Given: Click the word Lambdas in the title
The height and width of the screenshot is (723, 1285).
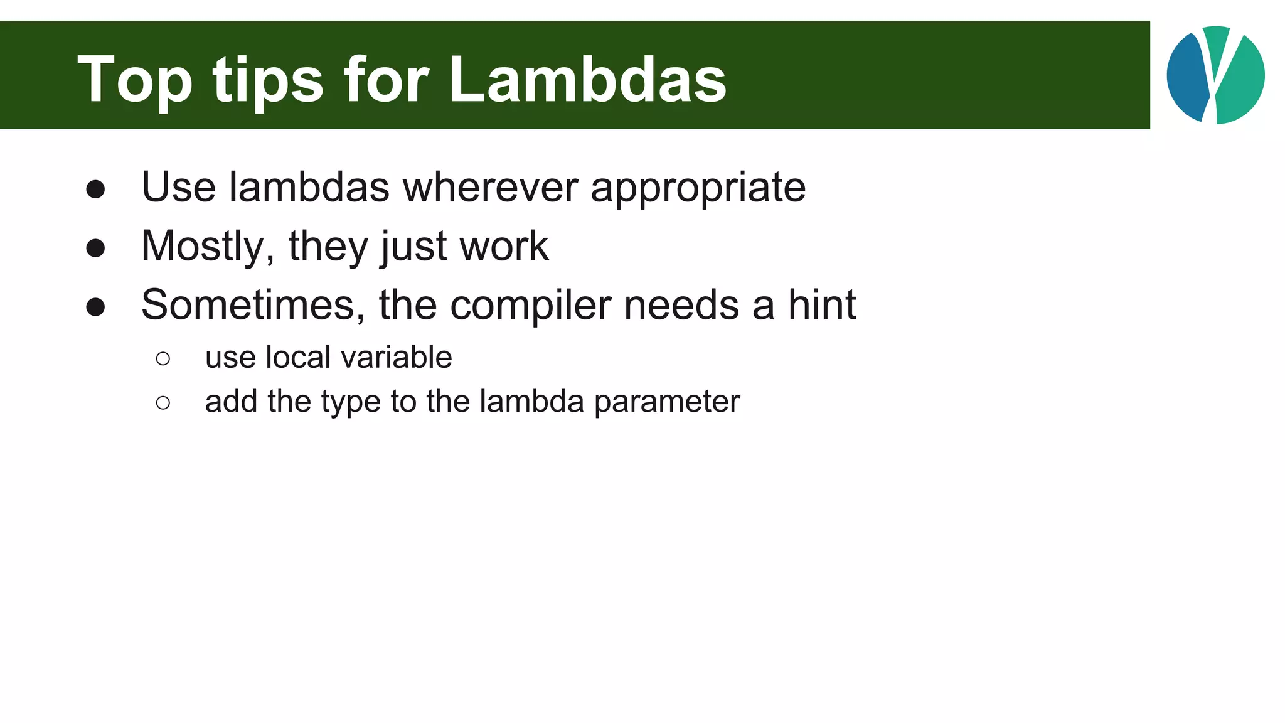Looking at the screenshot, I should (587, 80).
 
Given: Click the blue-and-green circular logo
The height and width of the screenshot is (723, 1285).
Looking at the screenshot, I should (1215, 75).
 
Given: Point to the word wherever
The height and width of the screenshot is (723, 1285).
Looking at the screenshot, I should (490, 187).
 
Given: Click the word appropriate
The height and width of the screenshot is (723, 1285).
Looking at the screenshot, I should (698, 188).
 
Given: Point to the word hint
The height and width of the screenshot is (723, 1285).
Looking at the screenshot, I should (822, 305).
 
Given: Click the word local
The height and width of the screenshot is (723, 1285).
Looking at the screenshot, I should (298, 357).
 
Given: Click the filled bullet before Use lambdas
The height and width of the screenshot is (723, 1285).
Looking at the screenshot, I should (95, 190).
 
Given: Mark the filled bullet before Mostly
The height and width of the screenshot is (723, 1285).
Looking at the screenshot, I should (95, 248).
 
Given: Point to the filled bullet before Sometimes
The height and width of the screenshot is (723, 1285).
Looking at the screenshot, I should (95, 307).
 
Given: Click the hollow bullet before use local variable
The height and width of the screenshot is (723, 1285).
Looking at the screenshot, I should (163, 358).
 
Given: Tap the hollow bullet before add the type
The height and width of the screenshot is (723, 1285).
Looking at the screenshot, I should (163, 402).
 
